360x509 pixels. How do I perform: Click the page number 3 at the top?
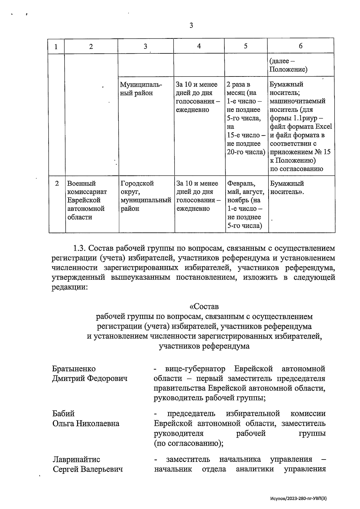coord(191,26)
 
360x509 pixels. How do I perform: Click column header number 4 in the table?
coord(199,46)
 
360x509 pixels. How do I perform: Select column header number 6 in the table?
coord(301,46)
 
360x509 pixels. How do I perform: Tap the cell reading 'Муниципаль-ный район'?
coord(141,89)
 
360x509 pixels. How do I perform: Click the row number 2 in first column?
coord(57,183)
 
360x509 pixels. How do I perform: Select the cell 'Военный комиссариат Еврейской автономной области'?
coord(87,200)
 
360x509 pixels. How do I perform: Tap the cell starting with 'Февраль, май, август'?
coord(246,204)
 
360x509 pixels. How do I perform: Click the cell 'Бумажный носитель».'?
coord(287,187)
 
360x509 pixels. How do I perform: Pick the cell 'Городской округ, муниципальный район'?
coord(146,196)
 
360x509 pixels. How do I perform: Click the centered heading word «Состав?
coord(204,307)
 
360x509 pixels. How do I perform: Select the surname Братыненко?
coord(74,369)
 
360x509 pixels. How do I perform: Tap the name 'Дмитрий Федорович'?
coord(90,379)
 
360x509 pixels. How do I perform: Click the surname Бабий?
coord(63,414)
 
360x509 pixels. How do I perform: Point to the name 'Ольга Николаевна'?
coord(86,424)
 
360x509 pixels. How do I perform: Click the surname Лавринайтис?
coord(76,459)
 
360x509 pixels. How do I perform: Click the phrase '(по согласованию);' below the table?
coord(188,443)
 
